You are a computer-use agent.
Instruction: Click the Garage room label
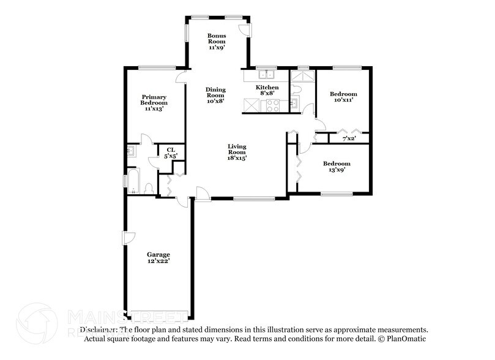pos(158,257)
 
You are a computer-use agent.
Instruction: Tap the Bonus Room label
pos(217,42)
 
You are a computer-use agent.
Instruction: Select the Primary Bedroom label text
pos(154,102)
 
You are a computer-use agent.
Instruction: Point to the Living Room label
pos(237,152)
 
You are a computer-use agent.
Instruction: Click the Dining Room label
pos(215,96)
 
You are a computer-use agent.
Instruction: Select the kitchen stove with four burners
pos(270,105)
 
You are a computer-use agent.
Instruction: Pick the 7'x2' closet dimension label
pos(349,138)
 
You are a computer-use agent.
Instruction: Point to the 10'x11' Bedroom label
pos(343,98)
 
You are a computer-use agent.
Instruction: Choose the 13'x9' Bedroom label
pos(337,167)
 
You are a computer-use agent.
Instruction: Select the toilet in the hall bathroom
pos(296,89)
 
